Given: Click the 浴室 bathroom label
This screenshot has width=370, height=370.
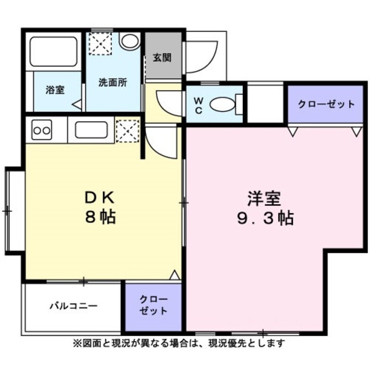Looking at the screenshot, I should pyautogui.click(x=55, y=90).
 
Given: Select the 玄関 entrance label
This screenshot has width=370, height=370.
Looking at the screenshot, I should pyautogui.click(x=161, y=58).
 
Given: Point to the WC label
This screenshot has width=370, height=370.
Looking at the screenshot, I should pyautogui.click(x=197, y=105).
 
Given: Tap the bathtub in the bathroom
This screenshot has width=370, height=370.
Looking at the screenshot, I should pyautogui.click(x=54, y=52).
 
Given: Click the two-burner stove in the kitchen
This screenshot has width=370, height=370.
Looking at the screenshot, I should pyautogui.click(x=42, y=130).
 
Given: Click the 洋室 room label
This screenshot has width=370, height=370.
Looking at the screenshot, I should pyautogui.click(x=264, y=198).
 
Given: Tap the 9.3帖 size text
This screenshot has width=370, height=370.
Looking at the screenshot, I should pyautogui.click(x=264, y=219).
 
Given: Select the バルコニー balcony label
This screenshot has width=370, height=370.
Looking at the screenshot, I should pyautogui.click(x=73, y=305).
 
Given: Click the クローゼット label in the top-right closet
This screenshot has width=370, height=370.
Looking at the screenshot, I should pyautogui.click(x=326, y=104).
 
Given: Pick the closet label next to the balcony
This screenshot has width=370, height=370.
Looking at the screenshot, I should pyautogui.click(x=154, y=305).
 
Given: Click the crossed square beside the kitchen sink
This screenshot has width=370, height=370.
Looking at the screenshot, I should pyautogui.click(x=128, y=129).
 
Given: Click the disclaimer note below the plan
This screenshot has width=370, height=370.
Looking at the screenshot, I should pyautogui.click(x=179, y=343).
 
